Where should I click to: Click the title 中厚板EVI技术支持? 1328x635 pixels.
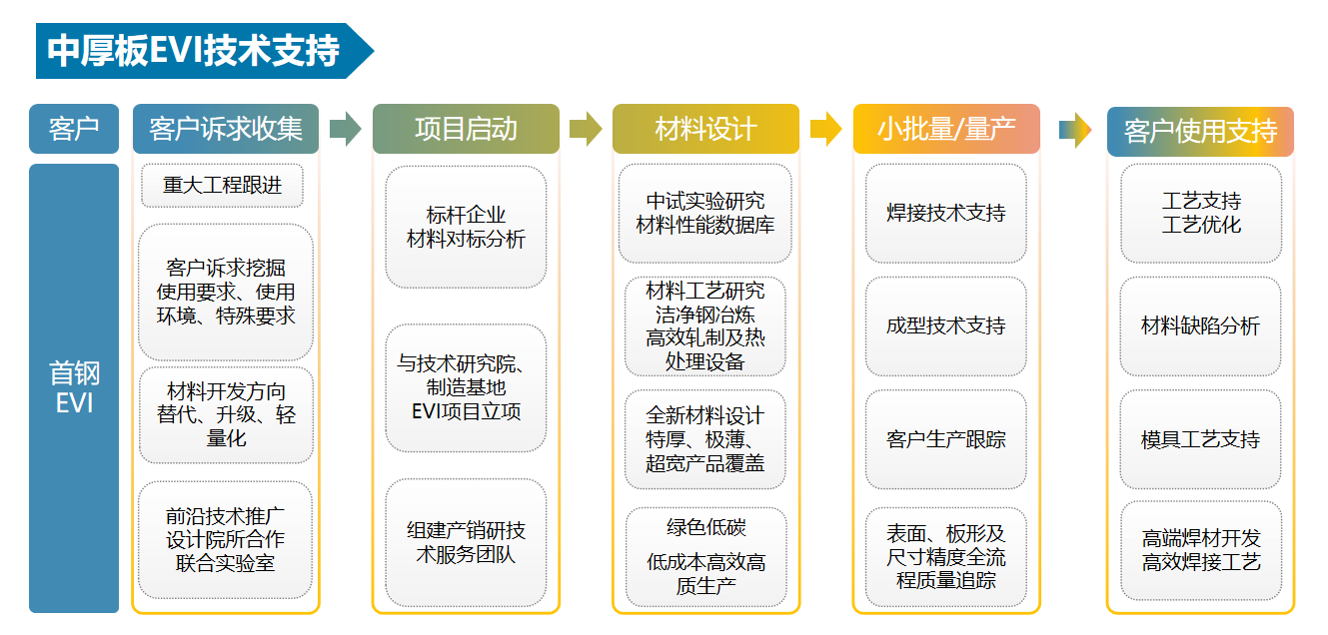[x=194, y=50]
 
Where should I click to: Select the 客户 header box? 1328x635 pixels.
[x=74, y=129]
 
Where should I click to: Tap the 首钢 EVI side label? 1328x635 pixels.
[x=74, y=387]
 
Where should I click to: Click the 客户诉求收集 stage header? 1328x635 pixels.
[x=226, y=129]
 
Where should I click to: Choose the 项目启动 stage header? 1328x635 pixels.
[x=466, y=129]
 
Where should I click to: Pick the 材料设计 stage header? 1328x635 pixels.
[x=705, y=129]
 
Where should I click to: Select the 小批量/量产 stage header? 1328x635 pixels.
[x=945, y=129]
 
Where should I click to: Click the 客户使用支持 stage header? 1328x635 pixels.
[x=1200, y=132]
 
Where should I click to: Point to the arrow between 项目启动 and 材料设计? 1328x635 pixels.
[x=586, y=129]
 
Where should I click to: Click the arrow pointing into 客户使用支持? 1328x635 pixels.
[x=1074, y=130]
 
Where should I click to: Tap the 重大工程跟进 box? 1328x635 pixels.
[x=222, y=186]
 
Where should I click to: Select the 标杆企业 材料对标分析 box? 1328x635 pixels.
[x=466, y=228]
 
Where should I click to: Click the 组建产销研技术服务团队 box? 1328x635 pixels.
[x=466, y=542]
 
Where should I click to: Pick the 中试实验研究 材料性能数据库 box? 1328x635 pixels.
[x=705, y=213]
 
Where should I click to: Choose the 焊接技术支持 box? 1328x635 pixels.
[x=945, y=213]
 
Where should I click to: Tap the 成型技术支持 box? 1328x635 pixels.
[x=945, y=325]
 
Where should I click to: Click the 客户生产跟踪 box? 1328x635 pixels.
[x=945, y=439]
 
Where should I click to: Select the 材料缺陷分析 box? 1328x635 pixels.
[x=1200, y=325]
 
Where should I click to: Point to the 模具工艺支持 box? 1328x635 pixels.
[x=1200, y=439]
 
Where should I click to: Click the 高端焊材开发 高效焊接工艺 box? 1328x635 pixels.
[x=1200, y=550]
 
